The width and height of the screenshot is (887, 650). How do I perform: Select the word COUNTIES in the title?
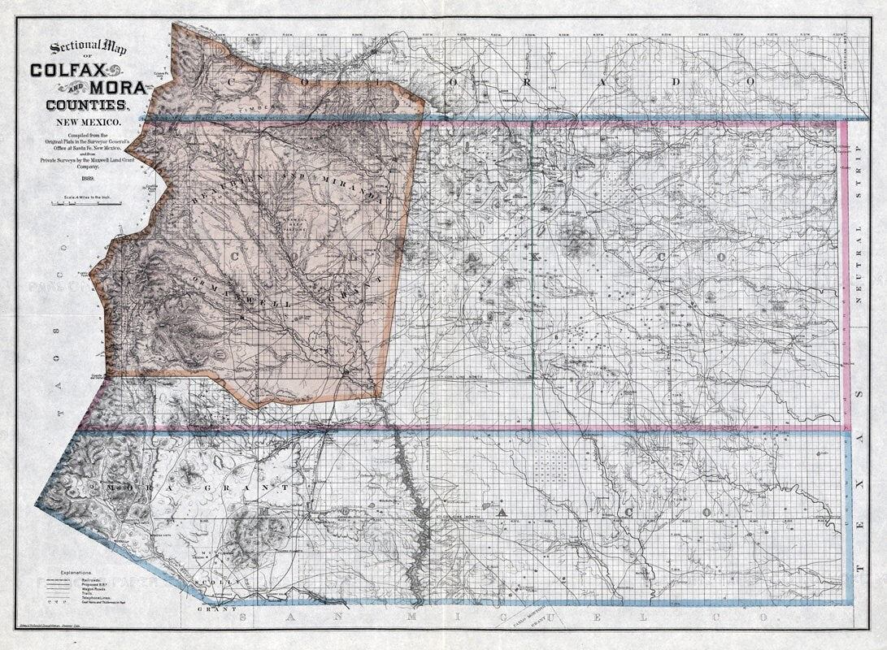tap(85, 104)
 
